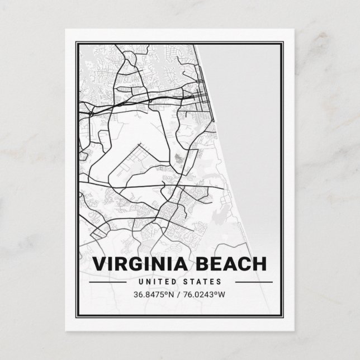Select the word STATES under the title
203,282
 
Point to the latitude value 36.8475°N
153,294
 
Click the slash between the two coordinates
177,294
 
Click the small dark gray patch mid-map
178,158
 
